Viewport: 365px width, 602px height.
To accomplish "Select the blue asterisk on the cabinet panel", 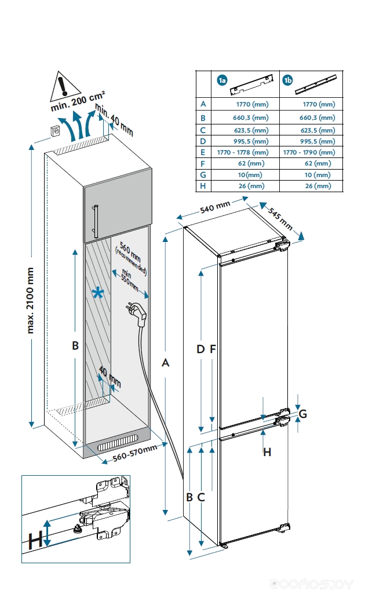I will coord(98,293).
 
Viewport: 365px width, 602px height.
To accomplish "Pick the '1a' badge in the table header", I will coord(221,80).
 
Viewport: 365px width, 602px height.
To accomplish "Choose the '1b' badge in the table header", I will coord(287,80).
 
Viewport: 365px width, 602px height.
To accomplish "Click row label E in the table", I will coord(203,152).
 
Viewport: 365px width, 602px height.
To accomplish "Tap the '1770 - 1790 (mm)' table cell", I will coord(309,152).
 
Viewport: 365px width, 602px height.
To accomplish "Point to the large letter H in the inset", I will coord(35,541).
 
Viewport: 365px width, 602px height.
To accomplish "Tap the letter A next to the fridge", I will coord(166,363).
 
